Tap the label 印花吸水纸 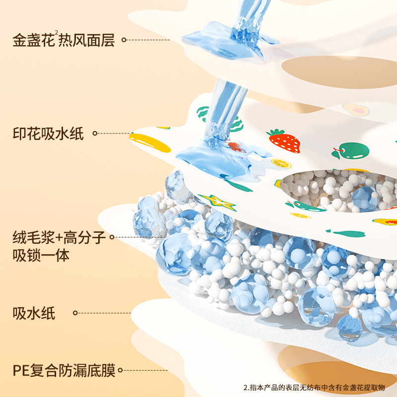48,133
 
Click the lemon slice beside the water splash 281,162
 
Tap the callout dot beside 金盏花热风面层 124,40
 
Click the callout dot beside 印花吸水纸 95,133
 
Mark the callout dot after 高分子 112,239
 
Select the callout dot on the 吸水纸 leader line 75,313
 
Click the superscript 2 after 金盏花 57,34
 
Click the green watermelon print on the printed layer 206,114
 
